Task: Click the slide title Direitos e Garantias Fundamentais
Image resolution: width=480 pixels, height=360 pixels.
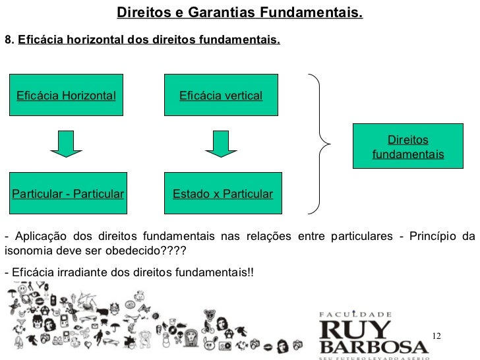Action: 239,13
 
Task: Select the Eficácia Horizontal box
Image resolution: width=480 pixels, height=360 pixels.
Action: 66,96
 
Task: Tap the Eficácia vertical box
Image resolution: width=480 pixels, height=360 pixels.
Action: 222,96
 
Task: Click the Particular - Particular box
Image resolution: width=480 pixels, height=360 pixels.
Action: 67,194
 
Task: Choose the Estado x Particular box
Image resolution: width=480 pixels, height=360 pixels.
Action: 222,194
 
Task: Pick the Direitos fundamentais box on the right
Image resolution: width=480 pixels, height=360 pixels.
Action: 407,148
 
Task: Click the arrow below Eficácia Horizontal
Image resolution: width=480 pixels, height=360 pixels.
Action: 66,144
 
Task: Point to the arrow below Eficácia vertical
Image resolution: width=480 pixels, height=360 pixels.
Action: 221,144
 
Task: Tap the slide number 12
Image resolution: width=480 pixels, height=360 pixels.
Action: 436,337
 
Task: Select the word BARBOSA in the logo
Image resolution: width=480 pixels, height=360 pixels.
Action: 373,345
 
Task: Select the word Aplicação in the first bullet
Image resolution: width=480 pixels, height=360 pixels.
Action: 38,237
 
